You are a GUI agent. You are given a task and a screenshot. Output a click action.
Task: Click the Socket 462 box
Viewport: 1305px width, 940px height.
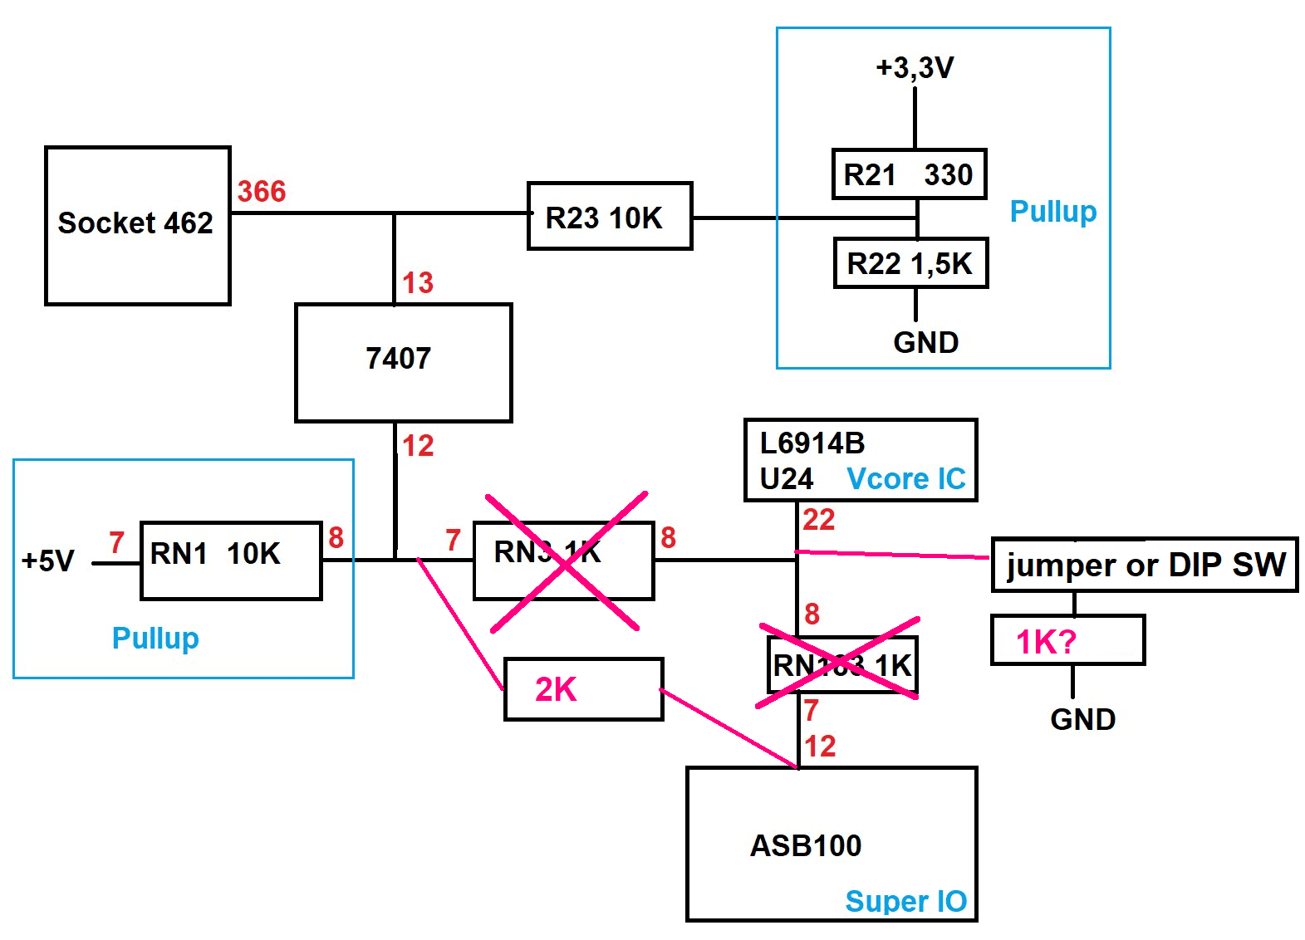click(137, 225)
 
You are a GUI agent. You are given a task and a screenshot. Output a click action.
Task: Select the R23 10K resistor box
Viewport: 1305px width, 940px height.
click(609, 216)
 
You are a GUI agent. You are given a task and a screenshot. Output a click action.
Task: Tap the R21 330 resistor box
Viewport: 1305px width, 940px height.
click(909, 174)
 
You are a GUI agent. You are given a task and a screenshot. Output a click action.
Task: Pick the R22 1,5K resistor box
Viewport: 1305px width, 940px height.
click(910, 263)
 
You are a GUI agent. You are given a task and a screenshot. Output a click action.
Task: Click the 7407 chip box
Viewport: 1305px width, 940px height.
click(403, 362)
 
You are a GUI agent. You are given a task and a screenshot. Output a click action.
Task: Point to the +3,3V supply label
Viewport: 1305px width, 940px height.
click(915, 67)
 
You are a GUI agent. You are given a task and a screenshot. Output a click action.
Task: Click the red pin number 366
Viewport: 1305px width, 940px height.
click(262, 192)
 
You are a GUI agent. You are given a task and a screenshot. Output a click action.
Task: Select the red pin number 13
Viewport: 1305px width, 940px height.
click(418, 283)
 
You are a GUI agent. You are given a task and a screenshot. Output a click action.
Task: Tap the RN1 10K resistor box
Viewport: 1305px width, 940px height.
click(231, 560)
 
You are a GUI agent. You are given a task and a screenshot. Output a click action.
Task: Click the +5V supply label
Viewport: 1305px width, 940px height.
click(48, 561)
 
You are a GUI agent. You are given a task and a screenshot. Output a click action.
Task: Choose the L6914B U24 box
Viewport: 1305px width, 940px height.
click(860, 460)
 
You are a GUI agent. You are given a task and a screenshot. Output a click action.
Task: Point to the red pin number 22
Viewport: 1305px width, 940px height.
click(818, 520)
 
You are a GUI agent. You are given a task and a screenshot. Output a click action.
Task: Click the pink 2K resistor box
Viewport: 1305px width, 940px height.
click(583, 689)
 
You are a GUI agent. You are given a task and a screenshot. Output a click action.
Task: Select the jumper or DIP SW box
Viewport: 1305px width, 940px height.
click(1144, 565)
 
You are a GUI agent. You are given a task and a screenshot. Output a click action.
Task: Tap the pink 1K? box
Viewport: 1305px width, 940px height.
click(1067, 640)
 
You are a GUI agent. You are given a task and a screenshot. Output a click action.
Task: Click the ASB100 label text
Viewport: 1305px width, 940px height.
click(806, 846)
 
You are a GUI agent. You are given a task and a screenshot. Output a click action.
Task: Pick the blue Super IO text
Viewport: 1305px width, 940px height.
click(905, 902)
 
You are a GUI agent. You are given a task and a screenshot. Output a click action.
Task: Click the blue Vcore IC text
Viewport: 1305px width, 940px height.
click(905, 479)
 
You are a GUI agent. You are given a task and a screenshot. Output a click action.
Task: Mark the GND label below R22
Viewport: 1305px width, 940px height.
click(925, 343)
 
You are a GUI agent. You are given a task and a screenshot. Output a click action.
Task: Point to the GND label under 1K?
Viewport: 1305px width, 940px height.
click(1082, 719)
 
